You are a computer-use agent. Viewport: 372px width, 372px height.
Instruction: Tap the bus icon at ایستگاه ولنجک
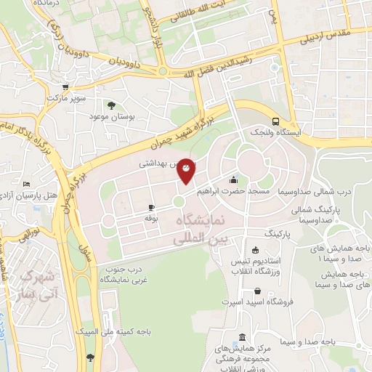coord(275,121)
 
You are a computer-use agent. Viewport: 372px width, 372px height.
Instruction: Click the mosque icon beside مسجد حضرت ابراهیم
coord(233,179)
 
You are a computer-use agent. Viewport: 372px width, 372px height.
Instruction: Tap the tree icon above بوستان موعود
coord(110,105)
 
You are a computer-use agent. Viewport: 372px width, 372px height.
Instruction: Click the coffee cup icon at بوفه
coord(151,207)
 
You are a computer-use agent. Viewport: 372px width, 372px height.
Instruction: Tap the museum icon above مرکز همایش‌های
coord(243,338)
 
